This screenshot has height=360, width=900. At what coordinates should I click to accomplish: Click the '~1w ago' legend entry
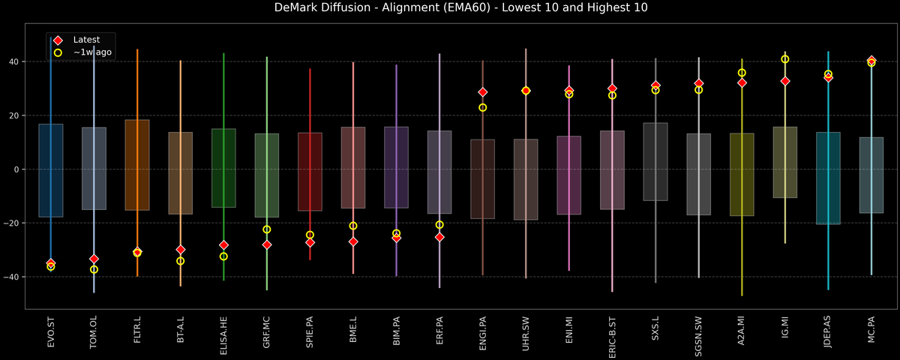click(x=92, y=52)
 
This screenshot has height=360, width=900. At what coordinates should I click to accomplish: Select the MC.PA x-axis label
click(x=871, y=334)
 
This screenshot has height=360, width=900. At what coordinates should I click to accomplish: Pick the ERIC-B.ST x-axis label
click(x=612, y=337)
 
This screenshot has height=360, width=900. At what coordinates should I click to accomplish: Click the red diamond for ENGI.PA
click(x=483, y=92)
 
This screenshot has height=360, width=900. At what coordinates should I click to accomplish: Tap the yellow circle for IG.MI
click(x=785, y=59)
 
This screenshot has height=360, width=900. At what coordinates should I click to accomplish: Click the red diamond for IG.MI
click(x=785, y=81)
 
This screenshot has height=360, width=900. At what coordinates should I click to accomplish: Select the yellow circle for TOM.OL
click(x=94, y=269)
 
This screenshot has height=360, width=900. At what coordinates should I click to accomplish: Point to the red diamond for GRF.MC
click(x=267, y=244)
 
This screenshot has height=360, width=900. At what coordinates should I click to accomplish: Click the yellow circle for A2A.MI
click(x=742, y=73)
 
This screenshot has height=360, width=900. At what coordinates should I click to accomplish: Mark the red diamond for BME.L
click(x=353, y=241)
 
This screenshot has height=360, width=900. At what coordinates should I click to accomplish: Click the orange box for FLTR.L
click(x=137, y=165)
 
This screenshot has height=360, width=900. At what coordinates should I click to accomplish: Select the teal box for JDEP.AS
click(x=828, y=178)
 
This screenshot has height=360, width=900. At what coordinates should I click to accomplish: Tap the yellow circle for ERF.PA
click(x=439, y=224)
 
